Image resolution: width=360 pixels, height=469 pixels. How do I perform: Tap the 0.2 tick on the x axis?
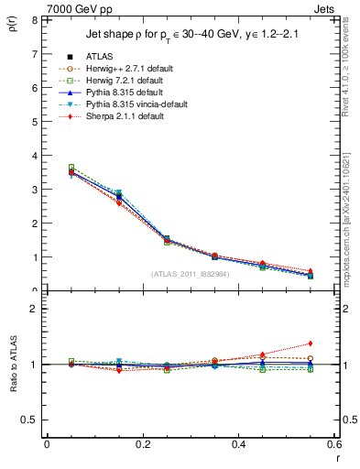click(142, 444)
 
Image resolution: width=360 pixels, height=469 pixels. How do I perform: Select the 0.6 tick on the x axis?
click(334, 444)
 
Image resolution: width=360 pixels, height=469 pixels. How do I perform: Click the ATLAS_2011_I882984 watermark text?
click(190, 274)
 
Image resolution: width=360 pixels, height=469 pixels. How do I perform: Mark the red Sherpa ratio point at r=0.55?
click(311, 344)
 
